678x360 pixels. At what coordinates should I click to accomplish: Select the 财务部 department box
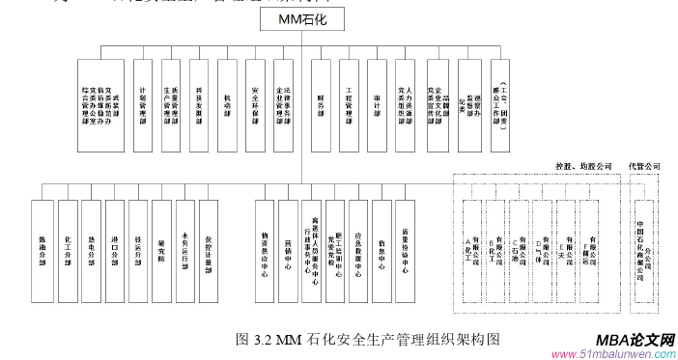pyautogui.click(x=320, y=103)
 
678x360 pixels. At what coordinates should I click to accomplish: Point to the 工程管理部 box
pyautogui.click(x=348, y=103)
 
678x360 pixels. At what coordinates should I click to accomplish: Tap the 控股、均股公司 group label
pyautogui.click(x=584, y=167)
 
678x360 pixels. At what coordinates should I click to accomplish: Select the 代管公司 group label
pyautogui.click(x=644, y=167)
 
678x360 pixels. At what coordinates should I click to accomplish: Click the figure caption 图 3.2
pyautogui.click(x=368, y=339)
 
